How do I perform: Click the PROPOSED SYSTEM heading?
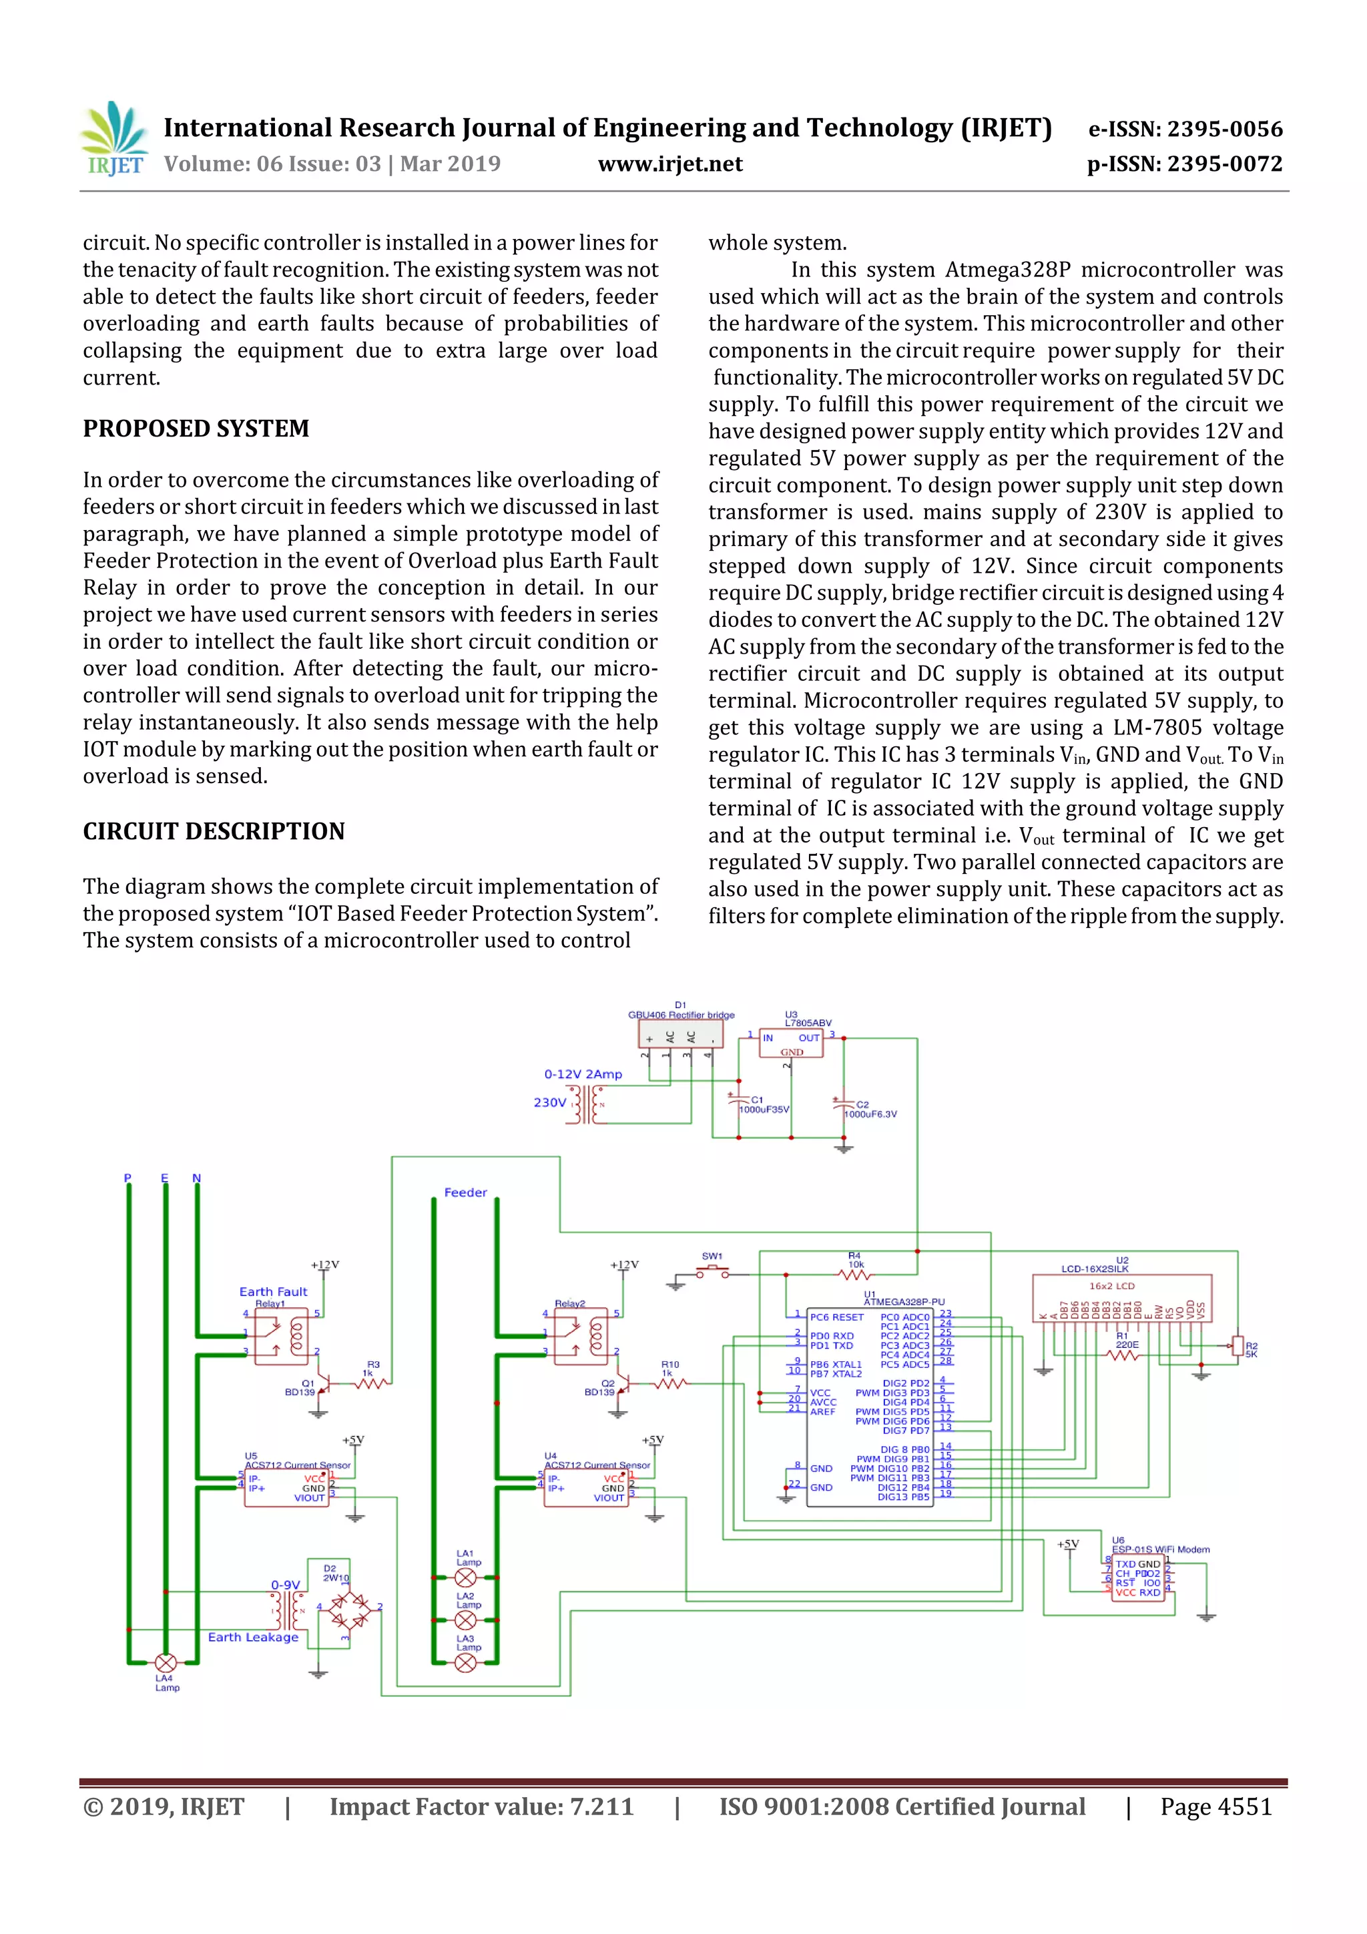coord(196,429)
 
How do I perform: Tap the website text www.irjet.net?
coord(669,164)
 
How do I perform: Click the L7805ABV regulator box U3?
coord(790,1043)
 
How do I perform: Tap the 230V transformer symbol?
coord(587,1104)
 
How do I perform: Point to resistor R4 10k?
coord(856,1274)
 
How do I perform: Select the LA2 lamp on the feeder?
coord(465,1620)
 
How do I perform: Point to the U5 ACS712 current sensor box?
coord(286,1489)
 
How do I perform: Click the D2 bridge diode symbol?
coord(348,1612)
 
